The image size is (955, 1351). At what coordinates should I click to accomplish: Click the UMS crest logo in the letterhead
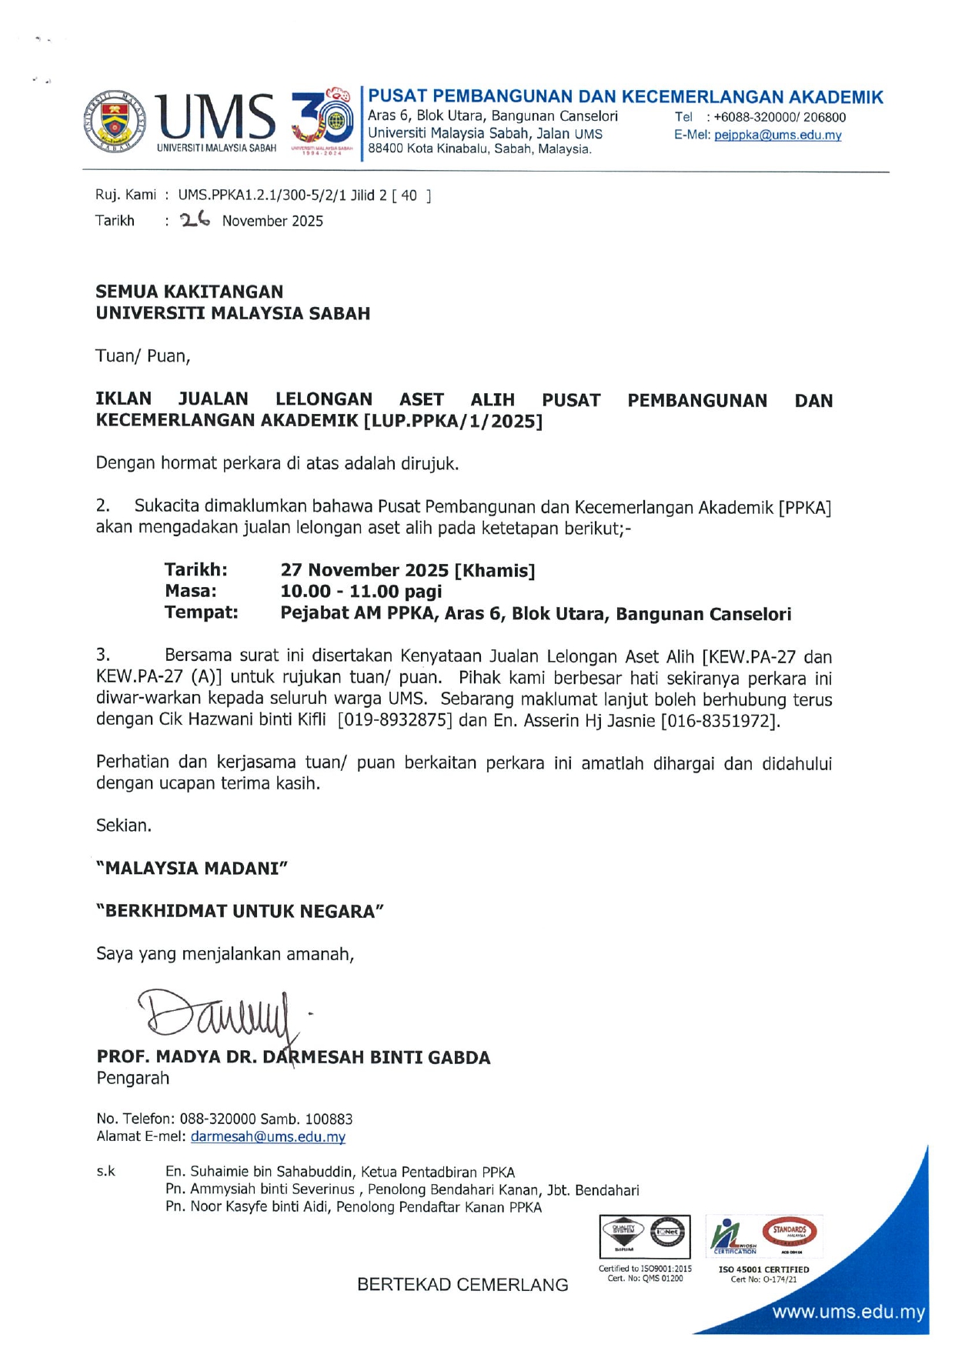pos(115,121)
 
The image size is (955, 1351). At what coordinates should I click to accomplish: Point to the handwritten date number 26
pos(195,220)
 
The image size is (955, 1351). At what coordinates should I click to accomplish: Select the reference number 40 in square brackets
pos(409,195)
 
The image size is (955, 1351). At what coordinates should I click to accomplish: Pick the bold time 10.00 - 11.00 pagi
pos(361,592)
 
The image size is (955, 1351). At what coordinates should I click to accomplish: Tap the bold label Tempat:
pos(201,612)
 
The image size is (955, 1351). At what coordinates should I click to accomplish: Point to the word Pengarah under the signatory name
pos(132,1078)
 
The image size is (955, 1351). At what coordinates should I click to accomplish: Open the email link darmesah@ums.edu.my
pos(268,1136)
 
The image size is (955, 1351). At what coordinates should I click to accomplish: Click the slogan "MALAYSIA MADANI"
pos(192,868)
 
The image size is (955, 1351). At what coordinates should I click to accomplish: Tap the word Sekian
pos(124,826)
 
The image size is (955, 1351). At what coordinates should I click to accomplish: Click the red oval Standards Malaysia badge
pos(789,1231)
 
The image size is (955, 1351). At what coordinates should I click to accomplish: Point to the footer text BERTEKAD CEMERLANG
pos(462,1285)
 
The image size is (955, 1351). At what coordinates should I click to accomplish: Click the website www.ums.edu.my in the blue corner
pos(848,1312)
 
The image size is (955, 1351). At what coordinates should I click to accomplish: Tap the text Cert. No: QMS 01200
pos(645,1279)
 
